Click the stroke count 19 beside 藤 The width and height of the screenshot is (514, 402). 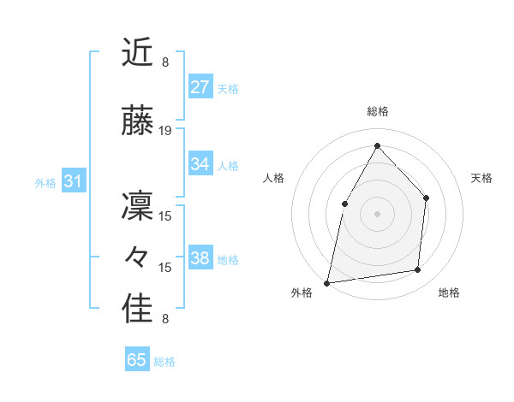165,131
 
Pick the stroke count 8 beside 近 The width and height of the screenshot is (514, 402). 165,62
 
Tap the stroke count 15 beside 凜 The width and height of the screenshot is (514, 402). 165,216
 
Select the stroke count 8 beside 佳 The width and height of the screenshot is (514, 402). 165,320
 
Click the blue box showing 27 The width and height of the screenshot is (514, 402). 200,86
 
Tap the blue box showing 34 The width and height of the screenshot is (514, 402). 200,164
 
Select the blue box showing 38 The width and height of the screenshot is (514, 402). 200,258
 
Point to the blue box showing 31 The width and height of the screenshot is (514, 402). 73,181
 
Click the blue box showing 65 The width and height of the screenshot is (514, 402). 137,360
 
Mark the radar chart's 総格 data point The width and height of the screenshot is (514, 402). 377,145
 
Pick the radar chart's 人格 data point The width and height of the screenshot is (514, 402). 344,204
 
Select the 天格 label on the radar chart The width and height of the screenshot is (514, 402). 481,178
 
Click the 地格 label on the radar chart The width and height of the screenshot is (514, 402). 449,293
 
